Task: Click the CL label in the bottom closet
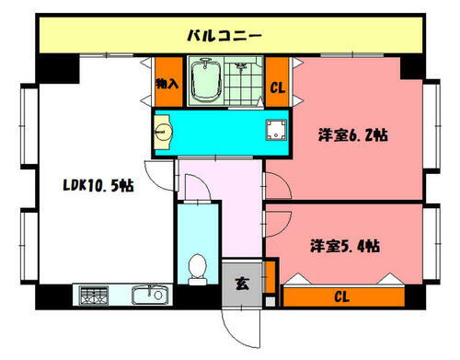click(x=341, y=296)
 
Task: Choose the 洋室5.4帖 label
click(x=345, y=246)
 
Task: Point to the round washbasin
click(x=163, y=132)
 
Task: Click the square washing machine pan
click(x=273, y=131)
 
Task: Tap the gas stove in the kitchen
click(x=92, y=296)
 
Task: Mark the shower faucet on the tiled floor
click(x=241, y=67)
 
